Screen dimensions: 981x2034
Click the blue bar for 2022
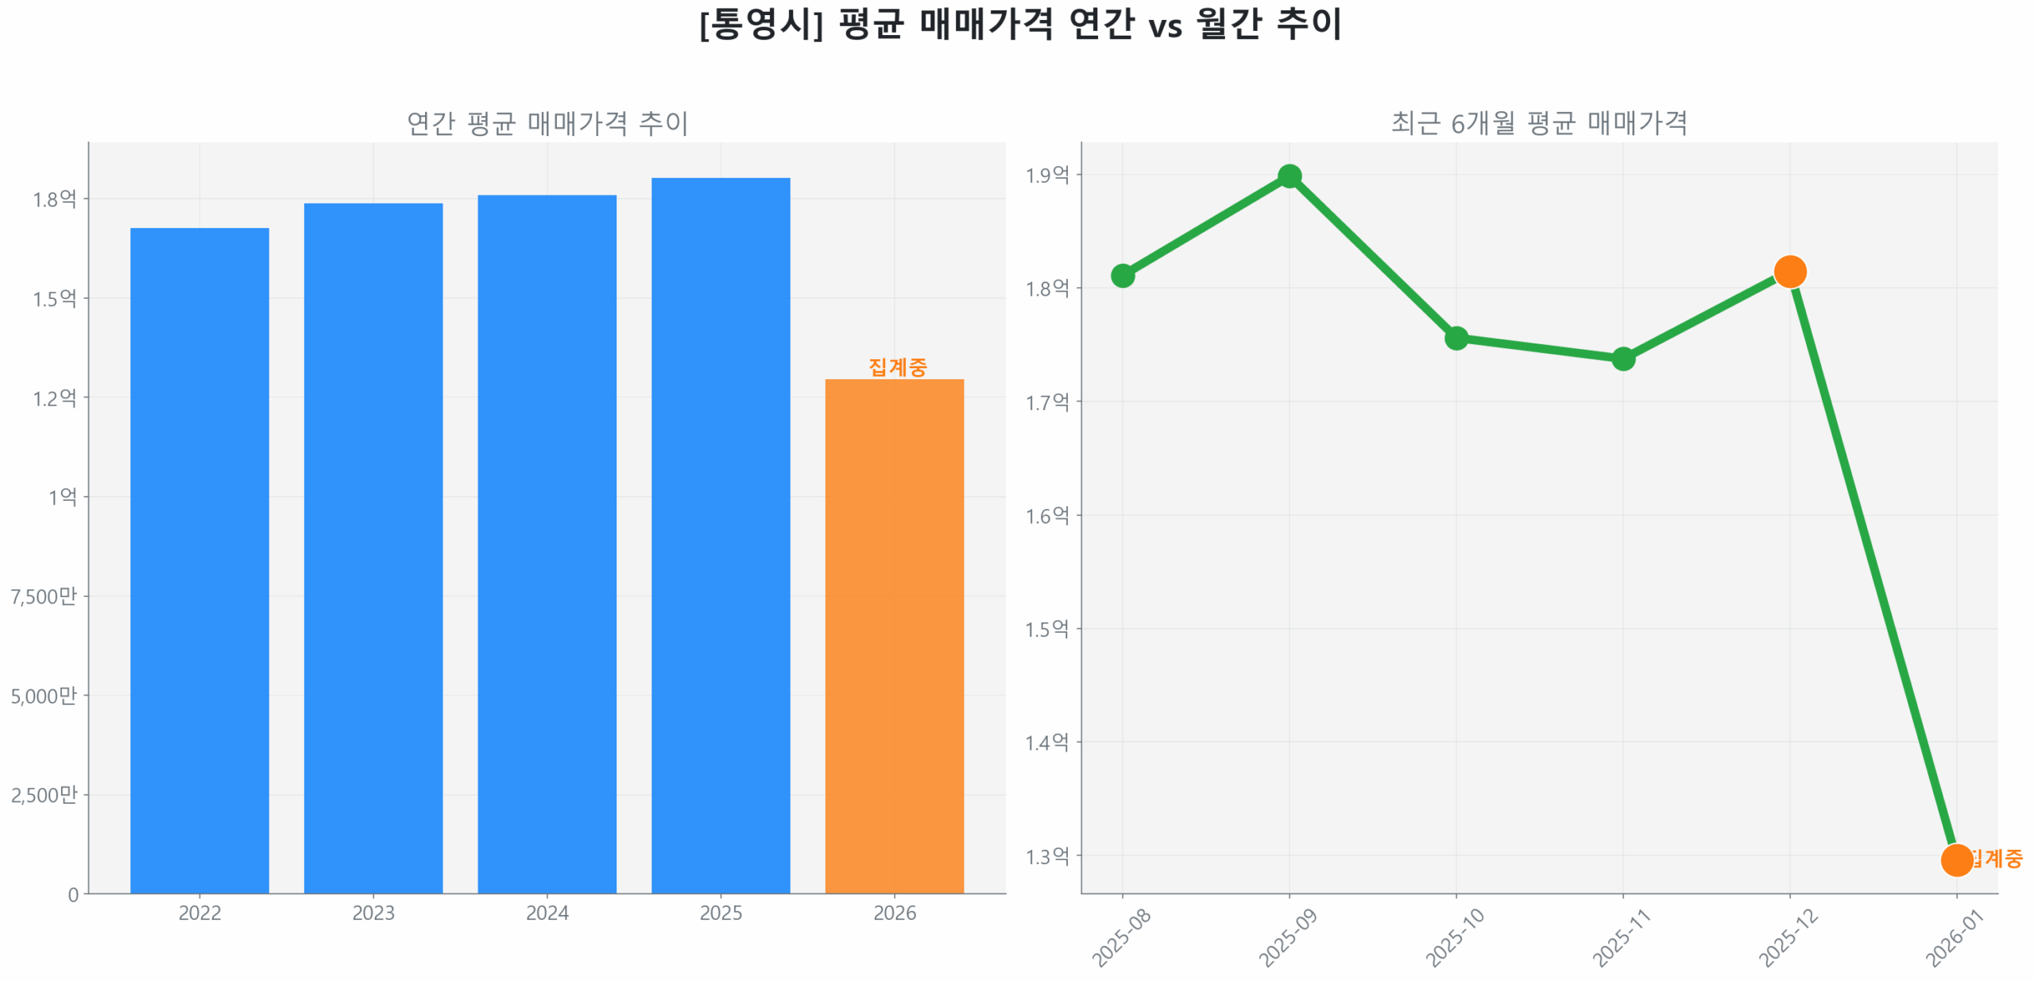[199, 556]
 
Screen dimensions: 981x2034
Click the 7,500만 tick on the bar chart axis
[44, 595]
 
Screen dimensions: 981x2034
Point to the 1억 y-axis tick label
[62, 496]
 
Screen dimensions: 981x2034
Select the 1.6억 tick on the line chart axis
[1046, 515]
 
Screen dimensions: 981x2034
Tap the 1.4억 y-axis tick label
[1046, 742]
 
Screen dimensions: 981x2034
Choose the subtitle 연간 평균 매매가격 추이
[546, 122]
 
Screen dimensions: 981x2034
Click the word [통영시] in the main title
[760, 24]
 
